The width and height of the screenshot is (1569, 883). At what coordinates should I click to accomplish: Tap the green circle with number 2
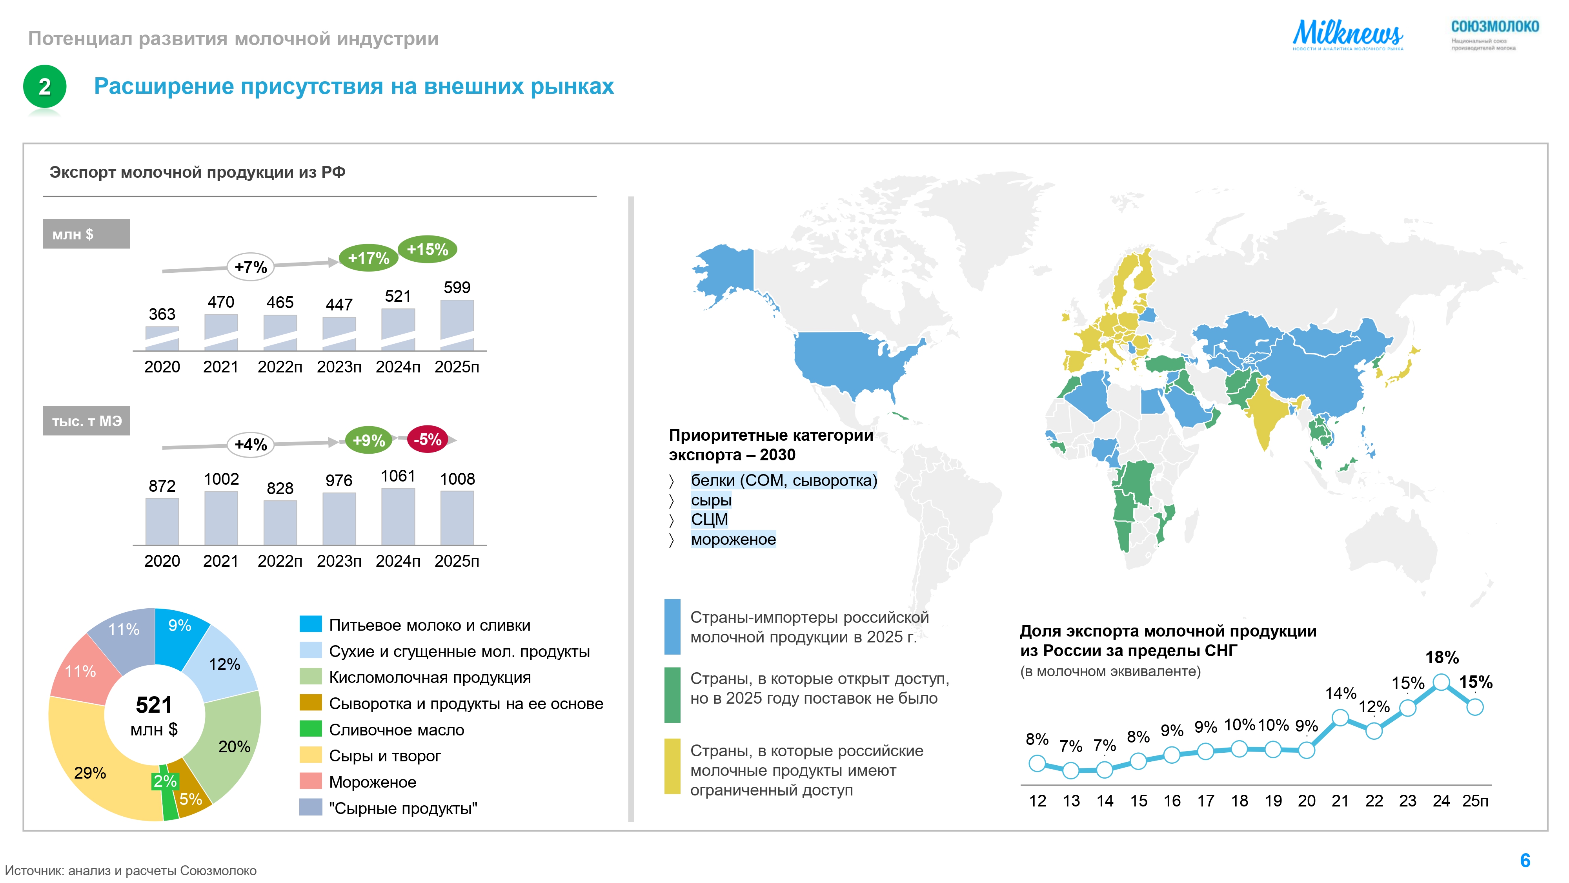(44, 86)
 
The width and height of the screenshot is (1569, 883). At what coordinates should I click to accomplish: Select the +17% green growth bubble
(368, 258)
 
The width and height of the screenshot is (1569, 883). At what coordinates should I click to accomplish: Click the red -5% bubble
(428, 440)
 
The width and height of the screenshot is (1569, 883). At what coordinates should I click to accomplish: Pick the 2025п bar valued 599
(457, 324)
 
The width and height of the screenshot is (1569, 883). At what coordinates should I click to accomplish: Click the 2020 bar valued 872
(162, 521)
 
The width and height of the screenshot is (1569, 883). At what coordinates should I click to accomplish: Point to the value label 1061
(398, 476)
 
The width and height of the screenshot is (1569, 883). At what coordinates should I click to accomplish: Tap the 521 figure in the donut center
(154, 705)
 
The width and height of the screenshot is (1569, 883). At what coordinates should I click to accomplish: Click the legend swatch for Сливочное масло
(311, 729)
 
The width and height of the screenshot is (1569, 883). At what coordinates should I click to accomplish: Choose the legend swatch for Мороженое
(311, 781)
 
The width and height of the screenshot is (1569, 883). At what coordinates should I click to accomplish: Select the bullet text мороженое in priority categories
(733, 539)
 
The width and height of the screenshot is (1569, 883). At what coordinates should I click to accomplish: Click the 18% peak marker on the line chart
(1441, 682)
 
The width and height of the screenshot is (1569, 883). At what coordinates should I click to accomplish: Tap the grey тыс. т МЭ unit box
(86, 421)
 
